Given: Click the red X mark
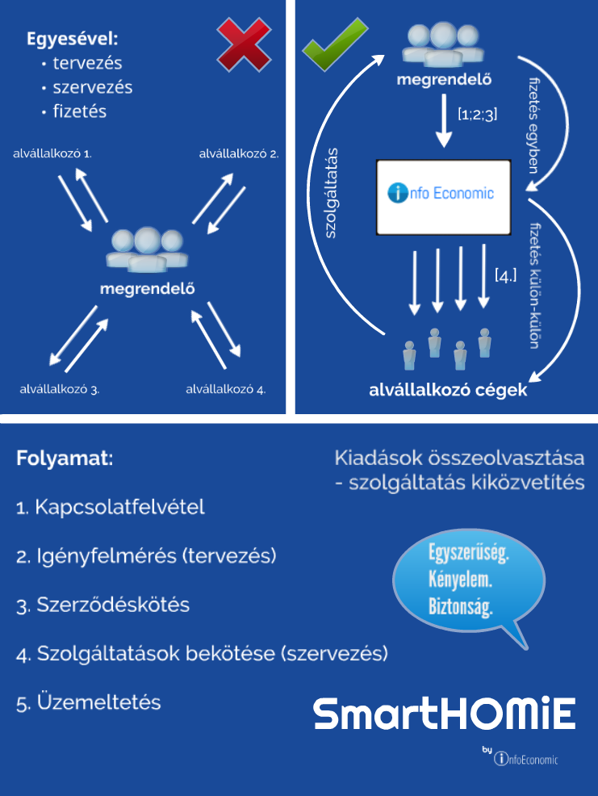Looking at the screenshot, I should click(x=244, y=44).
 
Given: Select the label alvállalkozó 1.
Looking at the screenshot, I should click(x=52, y=151).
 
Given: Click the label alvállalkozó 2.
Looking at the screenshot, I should click(x=239, y=151).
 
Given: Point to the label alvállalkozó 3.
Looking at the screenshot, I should click(x=60, y=389).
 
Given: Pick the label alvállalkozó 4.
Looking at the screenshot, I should click(x=226, y=389).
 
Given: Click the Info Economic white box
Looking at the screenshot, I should click(x=444, y=197).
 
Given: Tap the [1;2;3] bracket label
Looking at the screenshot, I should click(x=477, y=115).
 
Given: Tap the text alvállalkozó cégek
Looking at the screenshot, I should click(x=448, y=391).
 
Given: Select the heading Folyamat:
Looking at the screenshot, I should click(x=65, y=459).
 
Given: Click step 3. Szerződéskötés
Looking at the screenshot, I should click(x=102, y=605).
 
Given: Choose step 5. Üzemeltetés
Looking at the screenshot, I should click(x=89, y=702).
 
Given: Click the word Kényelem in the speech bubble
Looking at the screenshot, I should click(x=461, y=580).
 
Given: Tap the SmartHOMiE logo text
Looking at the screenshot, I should click(x=445, y=714).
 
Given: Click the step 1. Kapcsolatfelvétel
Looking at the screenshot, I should click(x=111, y=508).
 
